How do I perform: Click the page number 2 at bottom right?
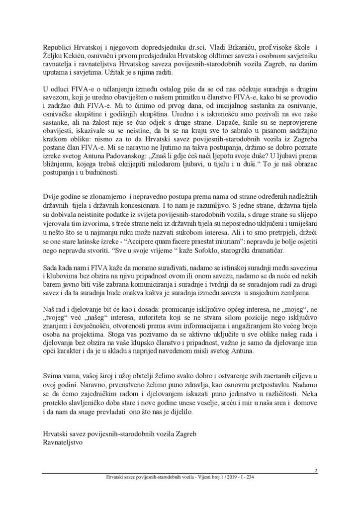(316, 470)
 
